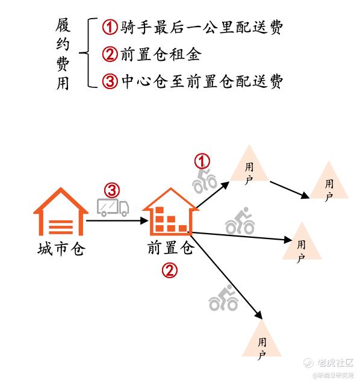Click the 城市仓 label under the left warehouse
click(61, 249)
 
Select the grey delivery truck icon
click(113, 207)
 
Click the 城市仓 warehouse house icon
click(61, 212)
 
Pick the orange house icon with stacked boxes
click(171, 212)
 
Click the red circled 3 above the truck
click(112, 190)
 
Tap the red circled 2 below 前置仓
click(170, 270)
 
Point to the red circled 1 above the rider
click(202, 161)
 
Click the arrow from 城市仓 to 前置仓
click(117, 221)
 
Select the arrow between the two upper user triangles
click(290, 190)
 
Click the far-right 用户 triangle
click(329, 180)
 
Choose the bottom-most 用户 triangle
click(262, 338)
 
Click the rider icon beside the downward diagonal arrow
click(223, 297)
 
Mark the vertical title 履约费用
click(63, 54)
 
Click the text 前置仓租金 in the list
click(161, 54)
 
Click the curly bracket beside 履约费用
click(88, 52)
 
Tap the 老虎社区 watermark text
click(335, 363)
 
